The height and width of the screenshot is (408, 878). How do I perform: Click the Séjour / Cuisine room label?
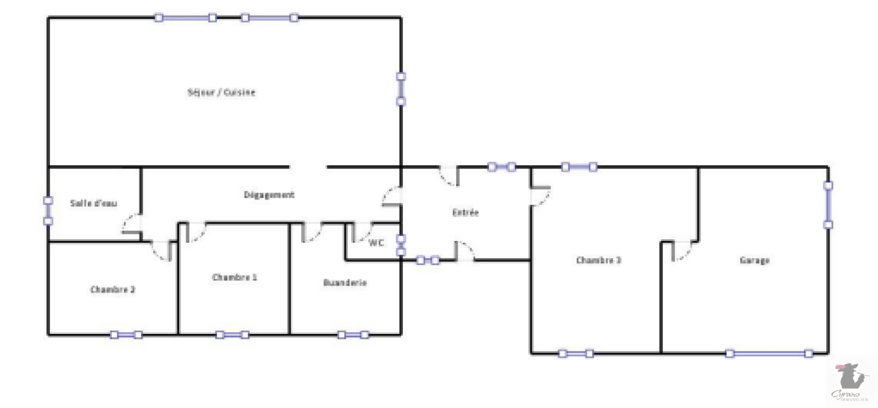click(221, 92)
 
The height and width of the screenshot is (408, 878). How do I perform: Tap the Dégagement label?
click(269, 195)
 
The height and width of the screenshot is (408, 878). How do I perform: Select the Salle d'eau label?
click(93, 203)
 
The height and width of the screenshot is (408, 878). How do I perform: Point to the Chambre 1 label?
click(234, 277)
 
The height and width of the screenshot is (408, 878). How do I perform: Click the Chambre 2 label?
click(112, 289)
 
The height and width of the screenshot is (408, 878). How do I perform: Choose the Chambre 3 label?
click(599, 260)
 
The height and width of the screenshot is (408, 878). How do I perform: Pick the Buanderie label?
click(345, 283)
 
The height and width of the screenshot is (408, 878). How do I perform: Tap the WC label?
click(376, 243)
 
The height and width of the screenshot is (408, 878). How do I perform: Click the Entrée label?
click(465, 213)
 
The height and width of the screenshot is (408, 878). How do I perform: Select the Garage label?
click(755, 260)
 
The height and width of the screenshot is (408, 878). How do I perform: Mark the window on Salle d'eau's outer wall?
click(48, 211)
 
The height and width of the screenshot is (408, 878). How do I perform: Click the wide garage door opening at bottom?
click(769, 354)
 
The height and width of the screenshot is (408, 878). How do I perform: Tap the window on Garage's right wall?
click(828, 205)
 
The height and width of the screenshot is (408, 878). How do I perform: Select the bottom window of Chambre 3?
click(576, 354)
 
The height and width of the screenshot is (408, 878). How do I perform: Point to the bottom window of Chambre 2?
click(126, 334)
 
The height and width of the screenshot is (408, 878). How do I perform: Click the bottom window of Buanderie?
click(353, 334)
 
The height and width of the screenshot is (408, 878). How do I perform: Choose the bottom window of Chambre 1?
click(232, 334)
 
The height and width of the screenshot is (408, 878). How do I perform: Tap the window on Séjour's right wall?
click(401, 89)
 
